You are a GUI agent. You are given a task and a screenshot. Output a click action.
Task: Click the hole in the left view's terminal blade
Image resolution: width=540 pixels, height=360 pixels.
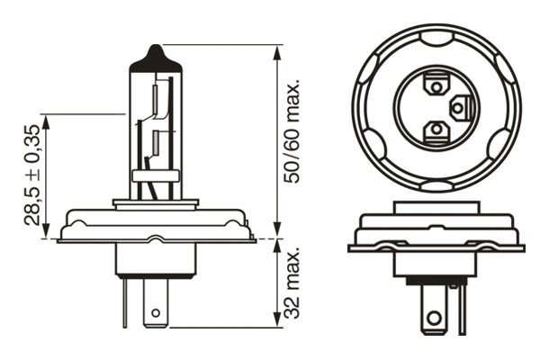coord(156,315)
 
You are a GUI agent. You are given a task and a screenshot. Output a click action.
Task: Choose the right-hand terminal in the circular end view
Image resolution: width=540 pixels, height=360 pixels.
coord(459,109)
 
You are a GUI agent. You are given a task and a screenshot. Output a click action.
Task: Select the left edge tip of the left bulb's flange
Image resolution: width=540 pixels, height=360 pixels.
coord(58,239)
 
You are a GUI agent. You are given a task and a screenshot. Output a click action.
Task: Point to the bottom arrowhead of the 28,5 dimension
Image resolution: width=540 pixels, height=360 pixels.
coord(42,233)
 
